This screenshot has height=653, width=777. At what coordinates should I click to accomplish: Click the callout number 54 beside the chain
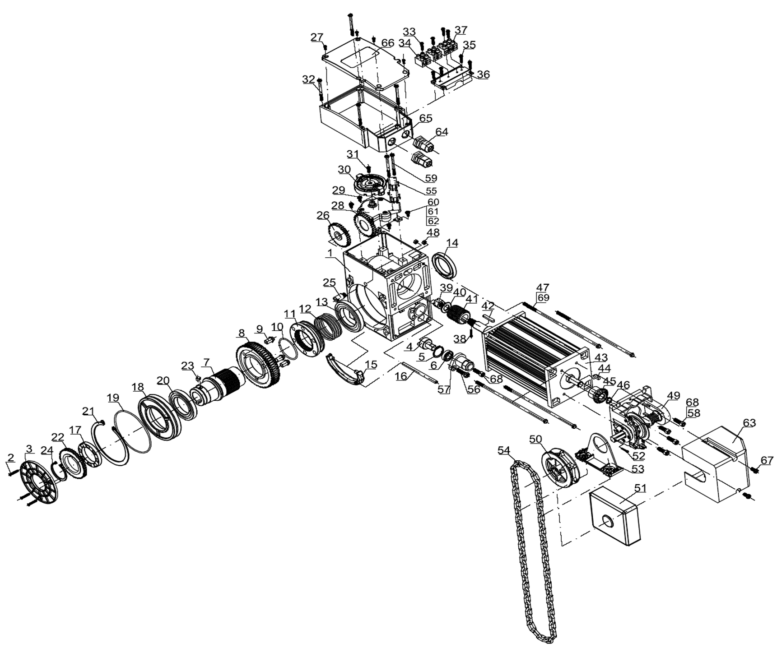click(x=504, y=450)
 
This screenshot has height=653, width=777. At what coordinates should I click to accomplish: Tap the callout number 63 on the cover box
click(x=749, y=423)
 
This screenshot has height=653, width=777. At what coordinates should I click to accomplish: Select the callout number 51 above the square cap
click(x=641, y=488)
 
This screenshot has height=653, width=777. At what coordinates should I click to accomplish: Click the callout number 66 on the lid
click(x=388, y=42)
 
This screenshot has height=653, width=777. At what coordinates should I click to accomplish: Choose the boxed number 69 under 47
click(x=543, y=297)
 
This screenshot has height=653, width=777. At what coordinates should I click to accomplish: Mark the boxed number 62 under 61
click(x=433, y=221)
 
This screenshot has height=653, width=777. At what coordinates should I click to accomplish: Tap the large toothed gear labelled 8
click(x=258, y=364)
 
